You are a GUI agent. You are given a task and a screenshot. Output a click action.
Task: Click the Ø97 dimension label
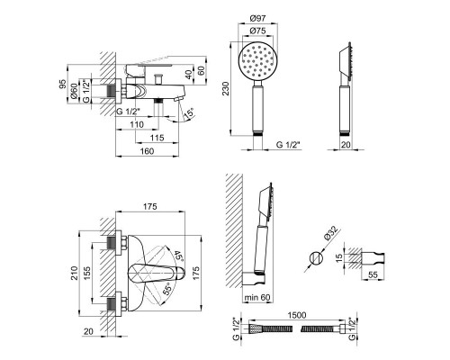257,18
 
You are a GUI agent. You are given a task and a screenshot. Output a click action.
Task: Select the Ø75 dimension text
257,31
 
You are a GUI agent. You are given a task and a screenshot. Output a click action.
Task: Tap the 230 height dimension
225,88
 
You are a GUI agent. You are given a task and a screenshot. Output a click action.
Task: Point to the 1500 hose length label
297,315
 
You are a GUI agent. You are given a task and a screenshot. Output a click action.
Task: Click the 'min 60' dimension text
257,297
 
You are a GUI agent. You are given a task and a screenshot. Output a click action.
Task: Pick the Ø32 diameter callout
331,233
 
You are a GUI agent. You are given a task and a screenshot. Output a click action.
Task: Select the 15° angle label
189,113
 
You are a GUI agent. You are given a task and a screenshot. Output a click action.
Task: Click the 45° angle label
178,256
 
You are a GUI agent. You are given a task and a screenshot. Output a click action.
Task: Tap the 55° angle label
167,289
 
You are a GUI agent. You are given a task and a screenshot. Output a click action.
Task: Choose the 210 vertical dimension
74,273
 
